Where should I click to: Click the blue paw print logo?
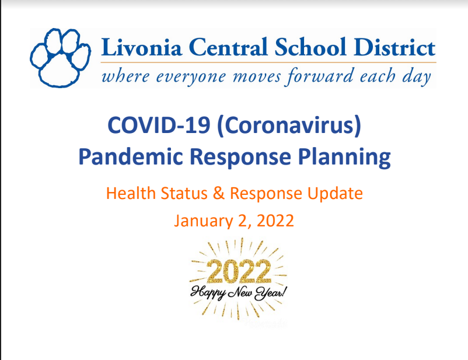point(60,58)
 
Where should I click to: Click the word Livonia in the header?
point(141,47)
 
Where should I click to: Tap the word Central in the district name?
point(228,47)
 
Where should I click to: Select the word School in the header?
point(310,47)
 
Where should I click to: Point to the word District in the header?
point(394,47)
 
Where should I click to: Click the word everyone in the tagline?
point(191,78)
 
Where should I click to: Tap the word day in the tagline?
point(417,77)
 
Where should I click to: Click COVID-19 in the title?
point(159,125)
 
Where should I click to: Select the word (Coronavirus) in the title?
point(289,125)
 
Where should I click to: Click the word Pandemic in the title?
point(131,156)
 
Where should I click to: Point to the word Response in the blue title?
point(240,158)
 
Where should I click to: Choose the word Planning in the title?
point(344,158)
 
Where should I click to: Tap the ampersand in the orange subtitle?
point(218,194)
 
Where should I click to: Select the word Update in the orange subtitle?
point(335,194)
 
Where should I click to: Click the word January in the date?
point(203,222)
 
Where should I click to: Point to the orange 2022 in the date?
point(275,221)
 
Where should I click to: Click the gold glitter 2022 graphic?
point(239,271)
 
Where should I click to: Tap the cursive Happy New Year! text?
point(239,293)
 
